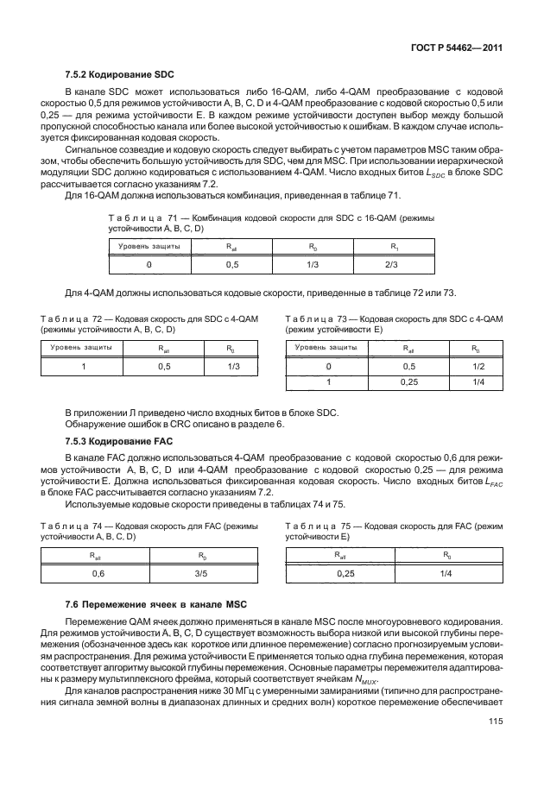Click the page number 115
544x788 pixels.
click(x=495, y=748)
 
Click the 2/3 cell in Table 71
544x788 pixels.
click(x=390, y=265)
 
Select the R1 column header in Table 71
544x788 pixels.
click(x=390, y=247)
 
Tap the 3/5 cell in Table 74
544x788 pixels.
click(x=200, y=572)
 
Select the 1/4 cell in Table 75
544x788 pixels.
click(x=446, y=572)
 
